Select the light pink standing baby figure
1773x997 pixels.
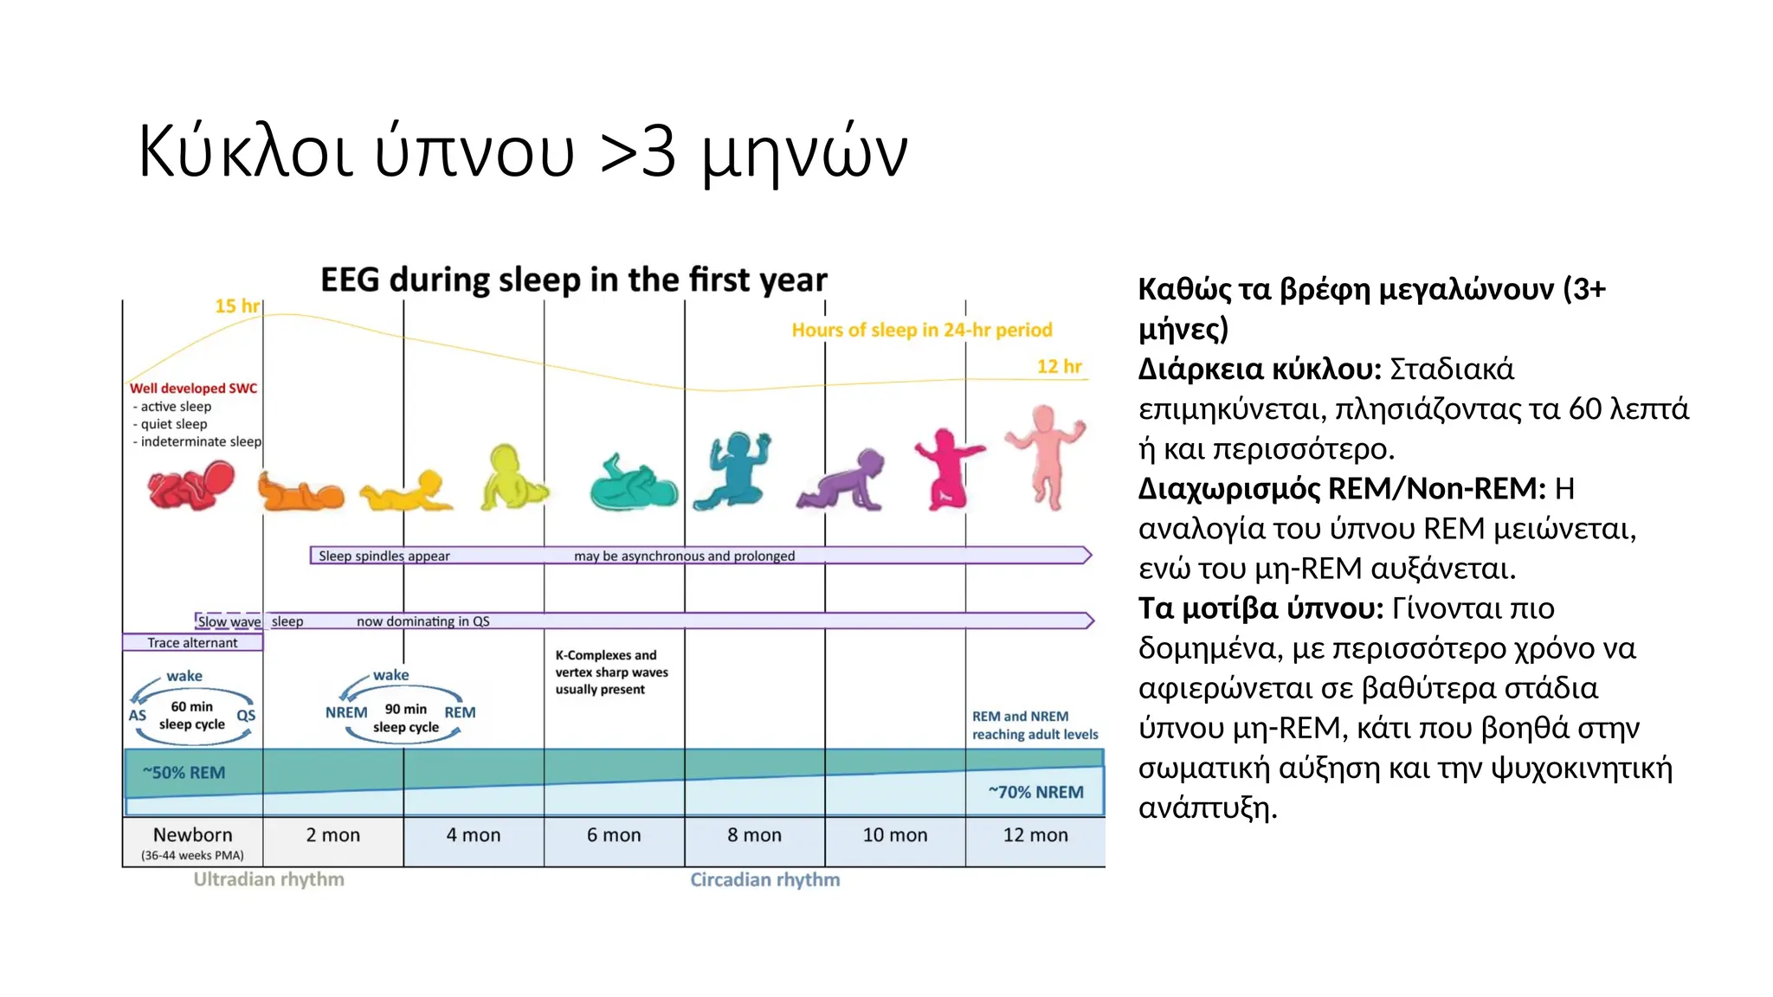pyautogui.click(x=1046, y=453)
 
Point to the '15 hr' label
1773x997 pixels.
pyautogui.click(x=236, y=306)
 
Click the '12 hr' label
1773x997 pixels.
pyautogui.click(x=1059, y=367)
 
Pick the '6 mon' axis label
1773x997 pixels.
pyautogui.click(x=614, y=835)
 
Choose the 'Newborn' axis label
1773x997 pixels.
pyautogui.click(x=192, y=835)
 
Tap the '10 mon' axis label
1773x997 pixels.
pyautogui.click(x=894, y=835)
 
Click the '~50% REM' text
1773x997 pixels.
pyautogui.click(x=184, y=773)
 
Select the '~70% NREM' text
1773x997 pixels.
pyautogui.click(x=1035, y=792)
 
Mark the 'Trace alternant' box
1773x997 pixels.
pyautogui.click(x=192, y=643)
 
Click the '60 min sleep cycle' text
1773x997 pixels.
pyautogui.click(x=191, y=716)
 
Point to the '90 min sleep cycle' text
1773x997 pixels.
pyautogui.click(x=405, y=718)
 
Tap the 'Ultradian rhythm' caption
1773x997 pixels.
pyautogui.click(x=268, y=879)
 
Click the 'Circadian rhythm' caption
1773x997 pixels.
pyautogui.click(x=764, y=879)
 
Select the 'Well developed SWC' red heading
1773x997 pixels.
pyautogui.click(x=193, y=389)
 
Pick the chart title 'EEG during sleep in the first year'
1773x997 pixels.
pyautogui.click(x=573, y=280)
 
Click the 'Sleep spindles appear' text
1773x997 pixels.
pyautogui.click(x=384, y=556)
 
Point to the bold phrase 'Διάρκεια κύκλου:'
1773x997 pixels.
pyautogui.click(x=1259, y=370)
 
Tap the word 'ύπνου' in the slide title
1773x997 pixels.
pyautogui.click(x=474, y=152)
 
